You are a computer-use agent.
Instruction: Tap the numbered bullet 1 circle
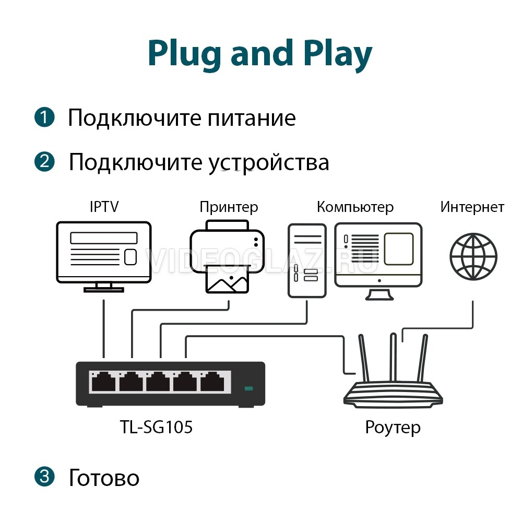[44, 117]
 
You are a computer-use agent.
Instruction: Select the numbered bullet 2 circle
[44, 161]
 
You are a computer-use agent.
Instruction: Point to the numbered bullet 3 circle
[44, 476]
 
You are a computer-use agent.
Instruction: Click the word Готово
[104, 478]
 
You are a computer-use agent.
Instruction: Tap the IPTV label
[104, 207]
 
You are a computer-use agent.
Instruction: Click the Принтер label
[229, 207]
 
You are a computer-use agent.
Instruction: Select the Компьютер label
[355, 207]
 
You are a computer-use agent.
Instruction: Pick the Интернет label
[472, 207]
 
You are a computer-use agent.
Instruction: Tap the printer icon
[228, 255]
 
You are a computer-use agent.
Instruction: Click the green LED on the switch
[248, 388]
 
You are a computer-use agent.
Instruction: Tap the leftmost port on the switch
[103, 383]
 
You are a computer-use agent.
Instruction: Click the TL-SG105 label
[156, 428]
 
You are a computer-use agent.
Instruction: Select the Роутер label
[393, 428]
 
